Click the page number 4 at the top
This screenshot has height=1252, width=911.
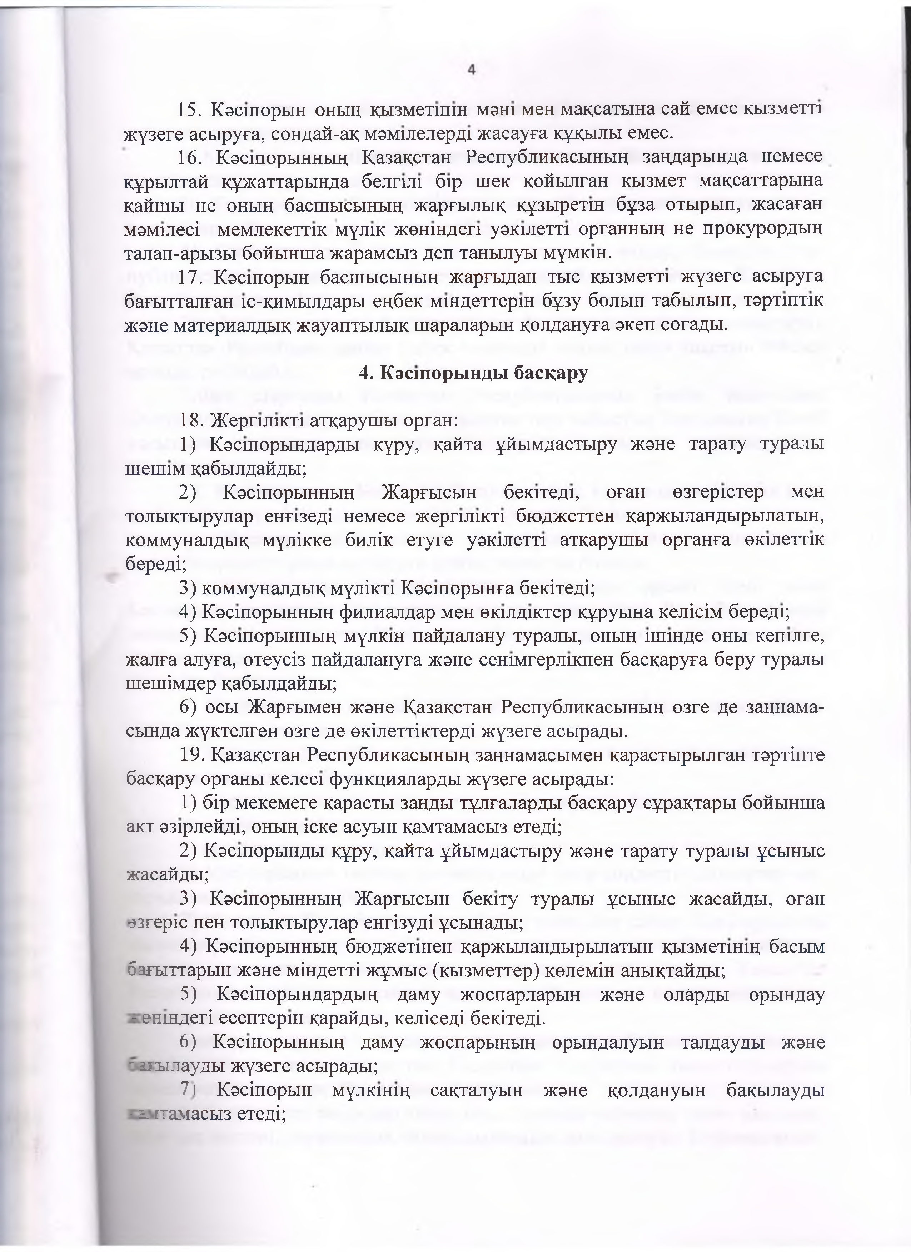tap(471, 70)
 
